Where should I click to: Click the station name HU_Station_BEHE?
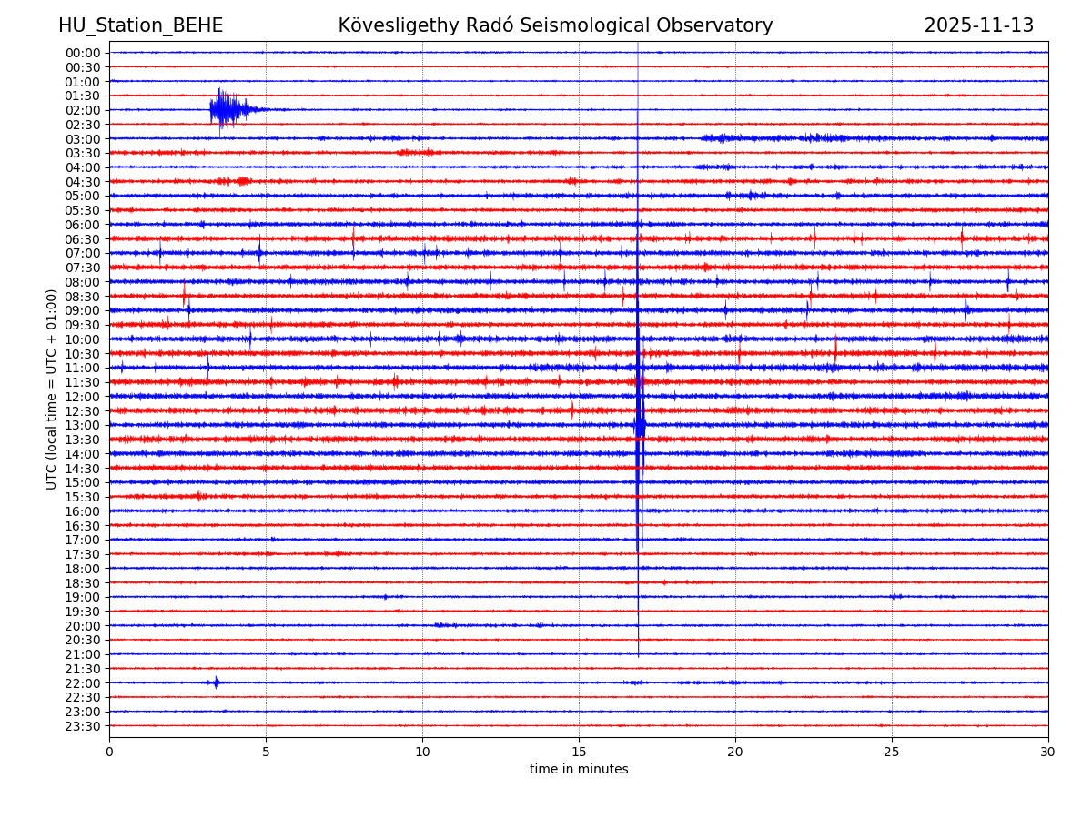pos(140,26)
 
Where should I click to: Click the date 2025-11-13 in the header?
pos(978,26)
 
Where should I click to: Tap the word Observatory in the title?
pos(723,26)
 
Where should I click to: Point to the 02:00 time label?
pos(82,110)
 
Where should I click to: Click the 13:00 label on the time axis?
pos(82,425)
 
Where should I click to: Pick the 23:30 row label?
pos(82,726)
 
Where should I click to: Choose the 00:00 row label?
pos(82,53)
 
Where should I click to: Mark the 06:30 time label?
pos(82,239)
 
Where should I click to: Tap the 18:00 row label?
pos(82,569)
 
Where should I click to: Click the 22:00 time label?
pos(82,683)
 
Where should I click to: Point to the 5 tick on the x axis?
pos(266,752)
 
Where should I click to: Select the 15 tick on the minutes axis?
pos(579,752)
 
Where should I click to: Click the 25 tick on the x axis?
pos(892,752)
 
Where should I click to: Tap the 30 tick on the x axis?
pos(1048,752)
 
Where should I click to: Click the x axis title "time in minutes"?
pos(579,770)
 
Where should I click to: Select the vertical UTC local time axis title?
pos(52,389)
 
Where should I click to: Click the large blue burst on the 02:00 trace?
pos(225,110)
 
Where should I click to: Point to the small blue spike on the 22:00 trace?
pos(216,682)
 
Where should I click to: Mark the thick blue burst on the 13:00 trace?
pos(640,425)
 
